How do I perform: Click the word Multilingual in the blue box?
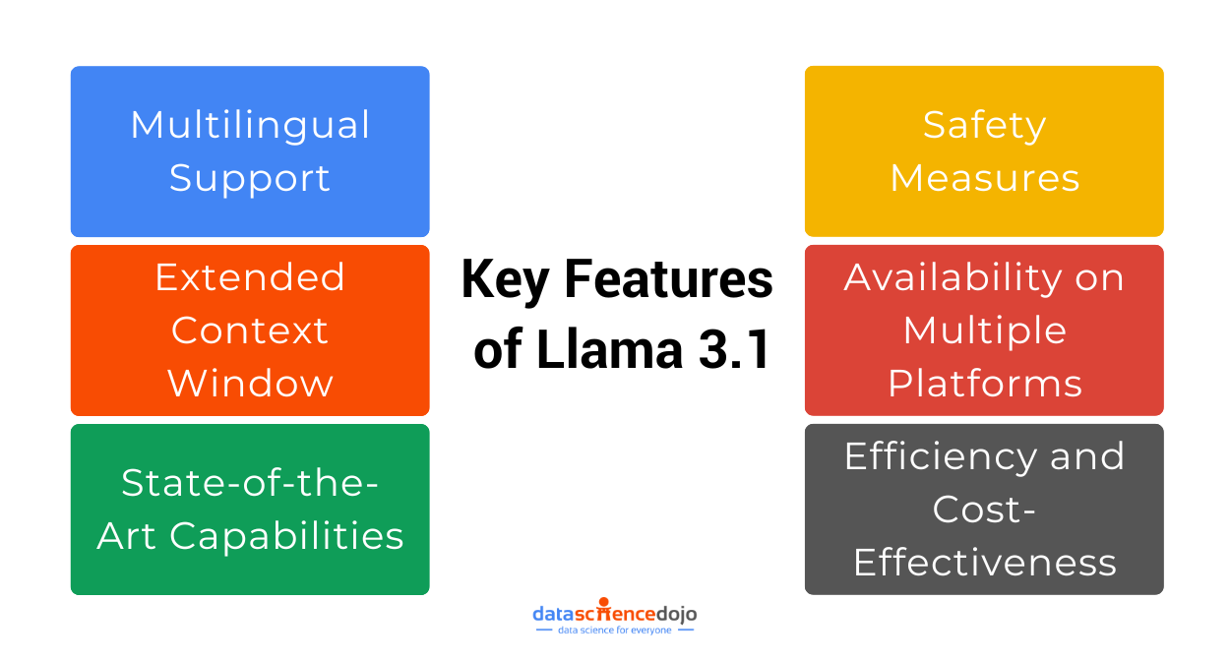point(250,125)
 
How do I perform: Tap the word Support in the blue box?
point(250,179)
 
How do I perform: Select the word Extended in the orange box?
point(250,277)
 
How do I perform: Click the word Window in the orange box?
point(250,383)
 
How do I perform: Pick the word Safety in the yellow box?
point(984,125)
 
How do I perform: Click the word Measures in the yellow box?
point(984,178)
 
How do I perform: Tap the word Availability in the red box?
point(950,278)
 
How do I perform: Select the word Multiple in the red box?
point(984,330)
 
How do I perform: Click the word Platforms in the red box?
point(984,383)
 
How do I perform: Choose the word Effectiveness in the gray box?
point(984,563)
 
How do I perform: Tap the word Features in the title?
point(668,279)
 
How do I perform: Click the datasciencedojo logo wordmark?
point(615,614)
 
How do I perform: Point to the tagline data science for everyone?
point(615,630)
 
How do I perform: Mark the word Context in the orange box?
point(250,330)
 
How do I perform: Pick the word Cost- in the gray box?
point(984,510)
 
